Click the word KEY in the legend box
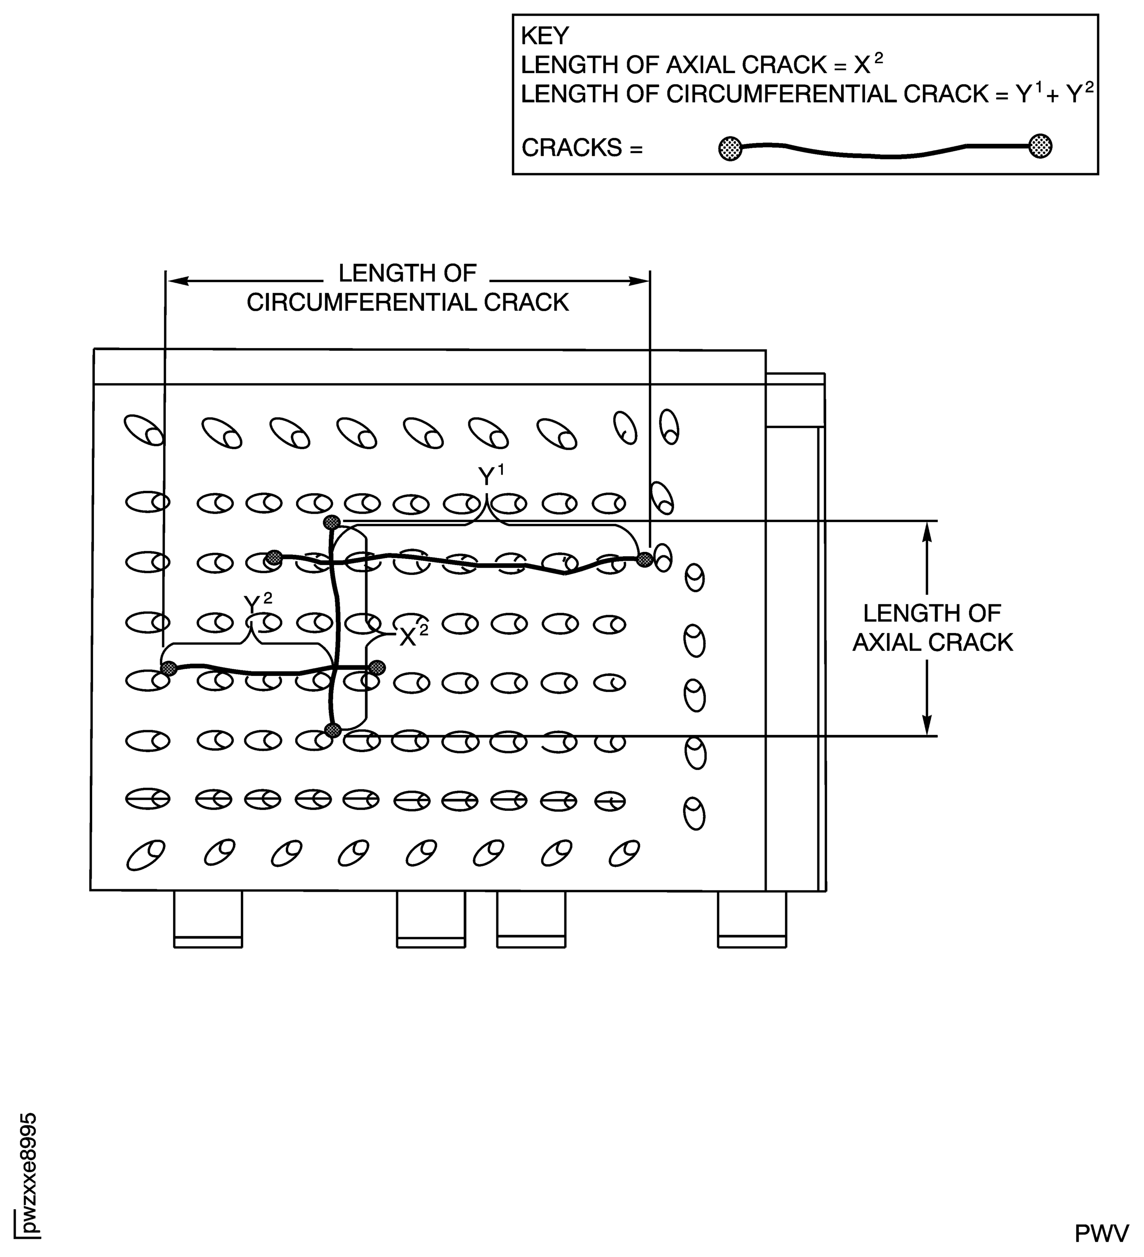(x=545, y=36)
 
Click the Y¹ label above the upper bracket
(x=491, y=476)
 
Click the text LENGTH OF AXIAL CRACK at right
(x=933, y=628)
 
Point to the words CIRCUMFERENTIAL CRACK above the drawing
(x=408, y=302)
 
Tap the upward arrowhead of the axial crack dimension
(x=927, y=533)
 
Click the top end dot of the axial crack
(x=332, y=522)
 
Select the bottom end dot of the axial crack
(x=333, y=731)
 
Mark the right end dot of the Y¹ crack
(x=645, y=559)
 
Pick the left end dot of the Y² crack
(x=168, y=668)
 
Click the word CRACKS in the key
(x=571, y=148)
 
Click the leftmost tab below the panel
(x=208, y=919)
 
